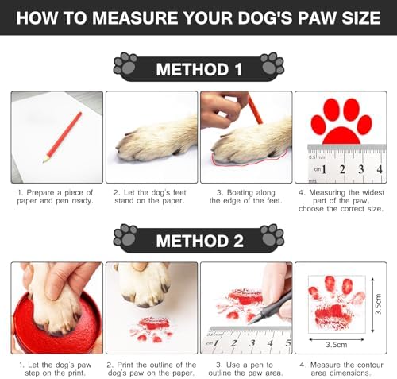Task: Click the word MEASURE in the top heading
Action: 135,18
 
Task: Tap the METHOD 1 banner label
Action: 199,69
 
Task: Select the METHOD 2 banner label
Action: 199,241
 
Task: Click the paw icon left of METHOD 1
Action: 125,64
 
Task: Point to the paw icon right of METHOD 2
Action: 272,235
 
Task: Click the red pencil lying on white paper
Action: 63,137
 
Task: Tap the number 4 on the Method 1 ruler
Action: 380,169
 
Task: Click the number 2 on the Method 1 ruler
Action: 342,169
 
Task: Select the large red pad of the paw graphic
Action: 341,136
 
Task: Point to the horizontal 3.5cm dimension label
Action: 336,345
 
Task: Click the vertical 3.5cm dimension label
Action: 379,304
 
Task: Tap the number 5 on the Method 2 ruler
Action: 288,342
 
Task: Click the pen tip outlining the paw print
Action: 250,323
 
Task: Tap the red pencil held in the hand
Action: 256,109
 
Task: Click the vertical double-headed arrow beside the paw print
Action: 372,304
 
